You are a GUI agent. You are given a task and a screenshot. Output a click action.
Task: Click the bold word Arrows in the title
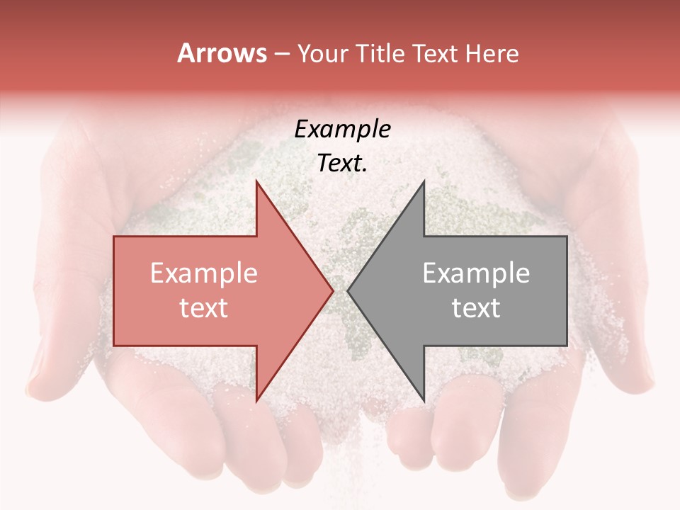(x=222, y=53)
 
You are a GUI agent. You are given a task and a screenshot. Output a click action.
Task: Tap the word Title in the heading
(x=380, y=53)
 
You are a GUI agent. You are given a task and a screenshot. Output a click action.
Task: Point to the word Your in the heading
(x=322, y=53)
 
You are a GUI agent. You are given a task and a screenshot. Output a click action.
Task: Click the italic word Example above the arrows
(x=343, y=129)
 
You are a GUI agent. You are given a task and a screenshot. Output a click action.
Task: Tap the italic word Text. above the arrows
(x=343, y=163)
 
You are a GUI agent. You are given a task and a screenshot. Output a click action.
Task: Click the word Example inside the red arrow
(x=204, y=273)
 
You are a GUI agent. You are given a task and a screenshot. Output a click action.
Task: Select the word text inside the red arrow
(x=204, y=307)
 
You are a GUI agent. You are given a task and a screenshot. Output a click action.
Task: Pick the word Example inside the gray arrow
(x=476, y=273)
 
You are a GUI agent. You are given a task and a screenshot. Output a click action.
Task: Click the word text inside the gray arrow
(x=476, y=307)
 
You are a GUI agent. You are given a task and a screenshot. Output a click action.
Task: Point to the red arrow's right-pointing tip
(x=332, y=290)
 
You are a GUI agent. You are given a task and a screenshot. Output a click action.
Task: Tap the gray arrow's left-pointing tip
(x=348, y=290)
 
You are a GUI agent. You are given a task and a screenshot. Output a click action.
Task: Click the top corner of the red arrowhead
(x=256, y=181)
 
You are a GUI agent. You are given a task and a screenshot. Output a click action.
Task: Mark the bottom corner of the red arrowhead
(x=256, y=401)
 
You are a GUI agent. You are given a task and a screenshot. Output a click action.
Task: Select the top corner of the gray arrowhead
(x=424, y=181)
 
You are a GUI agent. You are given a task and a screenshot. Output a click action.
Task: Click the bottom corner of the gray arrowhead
(x=424, y=401)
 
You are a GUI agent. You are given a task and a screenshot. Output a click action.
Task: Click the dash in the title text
(x=281, y=55)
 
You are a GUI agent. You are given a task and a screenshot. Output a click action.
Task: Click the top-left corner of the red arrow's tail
(x=114, y=237)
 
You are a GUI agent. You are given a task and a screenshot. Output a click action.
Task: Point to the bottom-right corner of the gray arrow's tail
(x=567, y=345)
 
